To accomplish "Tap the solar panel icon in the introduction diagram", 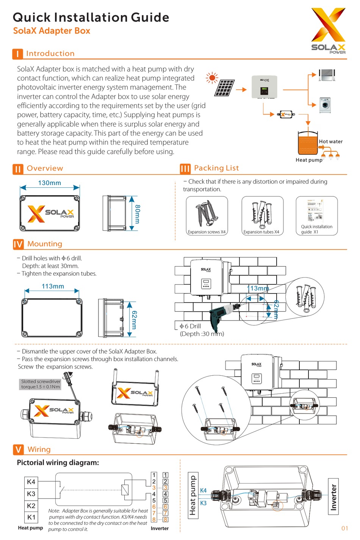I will tap(224, 88).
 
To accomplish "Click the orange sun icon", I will tap(212, 78).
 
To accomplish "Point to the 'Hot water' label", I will tap(330, 141).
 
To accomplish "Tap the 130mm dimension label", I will tap(49, 183).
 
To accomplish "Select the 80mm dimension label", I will tap(138, 214).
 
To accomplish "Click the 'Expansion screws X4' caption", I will tap(207, 232).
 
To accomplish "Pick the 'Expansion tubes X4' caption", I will tap(261, 232).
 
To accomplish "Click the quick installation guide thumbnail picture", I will tap(316, 210).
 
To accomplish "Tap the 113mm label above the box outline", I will tap(53, 286).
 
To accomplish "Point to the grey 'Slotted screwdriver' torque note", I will tap(41, 384).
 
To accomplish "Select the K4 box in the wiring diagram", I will tap(31, 482).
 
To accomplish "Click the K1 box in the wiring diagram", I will tap(31, 517).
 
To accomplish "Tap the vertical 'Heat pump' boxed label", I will tap(193, 495).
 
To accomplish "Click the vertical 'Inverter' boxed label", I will tap(333, 497).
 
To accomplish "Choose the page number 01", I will tap(344, 528).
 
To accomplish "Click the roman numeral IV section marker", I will tap(18, 244).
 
